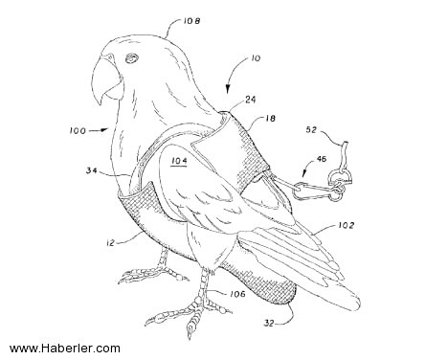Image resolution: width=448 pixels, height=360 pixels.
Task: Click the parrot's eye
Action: (131, 57)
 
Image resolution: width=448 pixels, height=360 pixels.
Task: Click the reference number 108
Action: (191, 21)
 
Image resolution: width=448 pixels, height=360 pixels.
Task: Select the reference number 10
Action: (256, 58)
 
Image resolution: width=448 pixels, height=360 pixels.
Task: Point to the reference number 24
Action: (251, 100)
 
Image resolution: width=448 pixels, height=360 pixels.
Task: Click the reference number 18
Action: (270, 119)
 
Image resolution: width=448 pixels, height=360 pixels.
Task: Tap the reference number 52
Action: (312, 129)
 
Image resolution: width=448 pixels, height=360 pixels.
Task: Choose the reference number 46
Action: (321, 159)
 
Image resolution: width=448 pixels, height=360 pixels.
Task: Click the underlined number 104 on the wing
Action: (179, 161)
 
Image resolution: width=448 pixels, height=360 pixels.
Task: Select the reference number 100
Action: (78, 131)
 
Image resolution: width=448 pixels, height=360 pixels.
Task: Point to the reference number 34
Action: (92, 170)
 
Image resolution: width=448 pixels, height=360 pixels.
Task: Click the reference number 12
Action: (110, 243)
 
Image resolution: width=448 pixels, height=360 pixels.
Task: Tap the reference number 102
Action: (346, 225)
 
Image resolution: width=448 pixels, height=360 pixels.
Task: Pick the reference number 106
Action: (236, 294)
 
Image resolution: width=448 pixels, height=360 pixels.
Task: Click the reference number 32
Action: (269, 324)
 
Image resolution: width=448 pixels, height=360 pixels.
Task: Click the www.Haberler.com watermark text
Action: (65, 349)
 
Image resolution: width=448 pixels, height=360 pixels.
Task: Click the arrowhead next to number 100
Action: (103, 129)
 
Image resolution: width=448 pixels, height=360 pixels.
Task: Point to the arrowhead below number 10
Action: (228, 89)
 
